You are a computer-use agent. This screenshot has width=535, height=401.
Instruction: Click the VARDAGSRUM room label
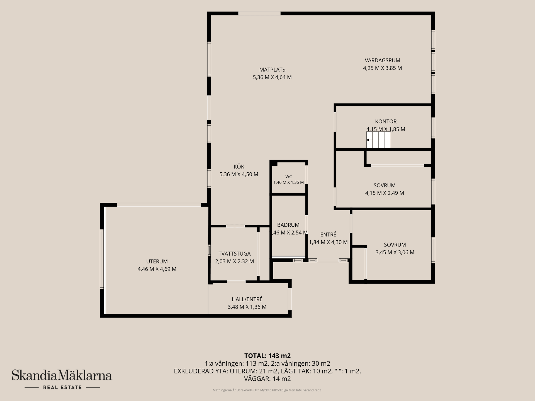point(382,60)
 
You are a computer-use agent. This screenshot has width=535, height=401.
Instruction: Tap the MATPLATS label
point(272,70)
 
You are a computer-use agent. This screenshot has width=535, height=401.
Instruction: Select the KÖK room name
point(239,167)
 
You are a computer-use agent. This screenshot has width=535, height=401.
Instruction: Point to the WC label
point(288,177)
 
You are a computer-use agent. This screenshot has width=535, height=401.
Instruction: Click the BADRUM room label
point(288,225)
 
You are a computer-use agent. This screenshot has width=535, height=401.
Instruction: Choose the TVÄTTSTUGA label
point(235,254)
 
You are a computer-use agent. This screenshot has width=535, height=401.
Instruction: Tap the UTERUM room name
point(157,261)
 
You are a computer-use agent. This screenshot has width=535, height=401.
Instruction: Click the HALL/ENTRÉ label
point(247,299)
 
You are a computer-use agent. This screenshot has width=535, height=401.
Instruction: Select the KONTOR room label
point(386,121)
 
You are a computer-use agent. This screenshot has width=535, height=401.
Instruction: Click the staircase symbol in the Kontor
point(378,140)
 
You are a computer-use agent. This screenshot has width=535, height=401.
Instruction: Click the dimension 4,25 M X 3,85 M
point(382,68)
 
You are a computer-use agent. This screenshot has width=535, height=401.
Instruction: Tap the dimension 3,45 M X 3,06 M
point(395,252)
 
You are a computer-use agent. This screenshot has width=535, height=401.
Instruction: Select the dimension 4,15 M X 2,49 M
point(385,193)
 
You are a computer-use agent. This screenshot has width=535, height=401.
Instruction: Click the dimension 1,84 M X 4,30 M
point(328,242)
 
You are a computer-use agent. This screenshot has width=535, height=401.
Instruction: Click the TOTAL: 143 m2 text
point(267,356)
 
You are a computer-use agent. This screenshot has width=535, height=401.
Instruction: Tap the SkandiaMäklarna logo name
point(62,375)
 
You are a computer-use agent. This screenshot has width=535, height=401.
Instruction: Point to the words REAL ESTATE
point(62,387)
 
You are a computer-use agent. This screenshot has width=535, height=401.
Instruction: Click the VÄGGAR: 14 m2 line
point(267,379)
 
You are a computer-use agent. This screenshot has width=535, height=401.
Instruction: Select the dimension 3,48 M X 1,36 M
point(247,307)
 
